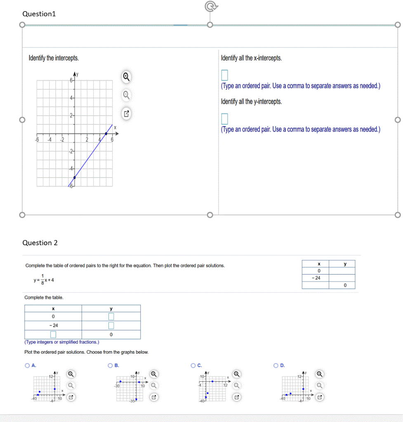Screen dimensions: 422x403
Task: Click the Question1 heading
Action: [39, 14]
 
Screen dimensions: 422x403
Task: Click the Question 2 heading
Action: [40, 243]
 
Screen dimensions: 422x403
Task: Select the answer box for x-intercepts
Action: [224, 75]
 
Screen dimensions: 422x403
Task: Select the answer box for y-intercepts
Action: [224, 119]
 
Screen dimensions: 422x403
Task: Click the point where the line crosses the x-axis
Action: [106, 134]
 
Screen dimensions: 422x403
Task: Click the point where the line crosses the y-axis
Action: [74, 178]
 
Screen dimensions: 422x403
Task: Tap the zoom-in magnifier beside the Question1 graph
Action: [127, 76]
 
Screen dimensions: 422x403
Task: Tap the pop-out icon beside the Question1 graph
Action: [127, 114]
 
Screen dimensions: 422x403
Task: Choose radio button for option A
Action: [27, 366]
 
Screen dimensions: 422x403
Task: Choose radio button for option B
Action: [110, 366]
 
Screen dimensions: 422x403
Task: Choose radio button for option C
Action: [193, 366]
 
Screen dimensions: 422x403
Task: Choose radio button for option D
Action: [276, 366]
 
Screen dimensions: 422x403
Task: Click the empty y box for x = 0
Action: [111, 316]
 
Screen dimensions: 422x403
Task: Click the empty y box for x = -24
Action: [111, 326]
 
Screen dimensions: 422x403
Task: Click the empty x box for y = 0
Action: [53, 334]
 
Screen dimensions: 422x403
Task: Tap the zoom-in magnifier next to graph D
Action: [320, 374]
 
